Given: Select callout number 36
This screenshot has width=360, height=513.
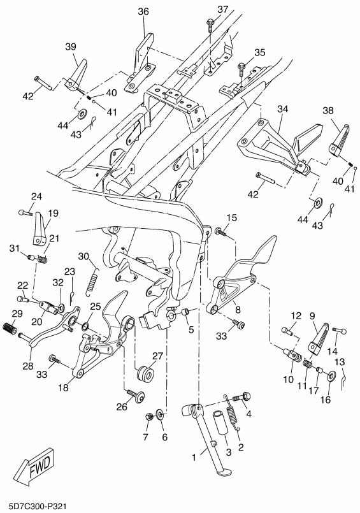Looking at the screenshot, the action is (143, 11).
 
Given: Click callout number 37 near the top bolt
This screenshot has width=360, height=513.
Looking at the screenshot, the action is (222, 10).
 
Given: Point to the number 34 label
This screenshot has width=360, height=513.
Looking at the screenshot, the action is (282, 109).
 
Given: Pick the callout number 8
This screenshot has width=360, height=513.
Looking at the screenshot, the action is (238, 310).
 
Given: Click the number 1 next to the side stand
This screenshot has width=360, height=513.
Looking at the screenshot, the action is (194, 457).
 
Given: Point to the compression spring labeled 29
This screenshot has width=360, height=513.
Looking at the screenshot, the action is (9, 328).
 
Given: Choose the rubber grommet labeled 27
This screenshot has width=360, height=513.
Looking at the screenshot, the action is (145, 374).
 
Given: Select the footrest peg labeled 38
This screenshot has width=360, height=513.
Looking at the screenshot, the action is (338, 140).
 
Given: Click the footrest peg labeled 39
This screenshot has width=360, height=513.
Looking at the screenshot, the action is (76, 75).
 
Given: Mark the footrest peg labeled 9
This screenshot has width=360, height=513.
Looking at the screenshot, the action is (319, 339).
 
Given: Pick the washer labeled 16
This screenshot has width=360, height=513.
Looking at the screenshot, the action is (331, 376).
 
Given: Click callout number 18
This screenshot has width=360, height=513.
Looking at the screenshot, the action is (64, 387).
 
